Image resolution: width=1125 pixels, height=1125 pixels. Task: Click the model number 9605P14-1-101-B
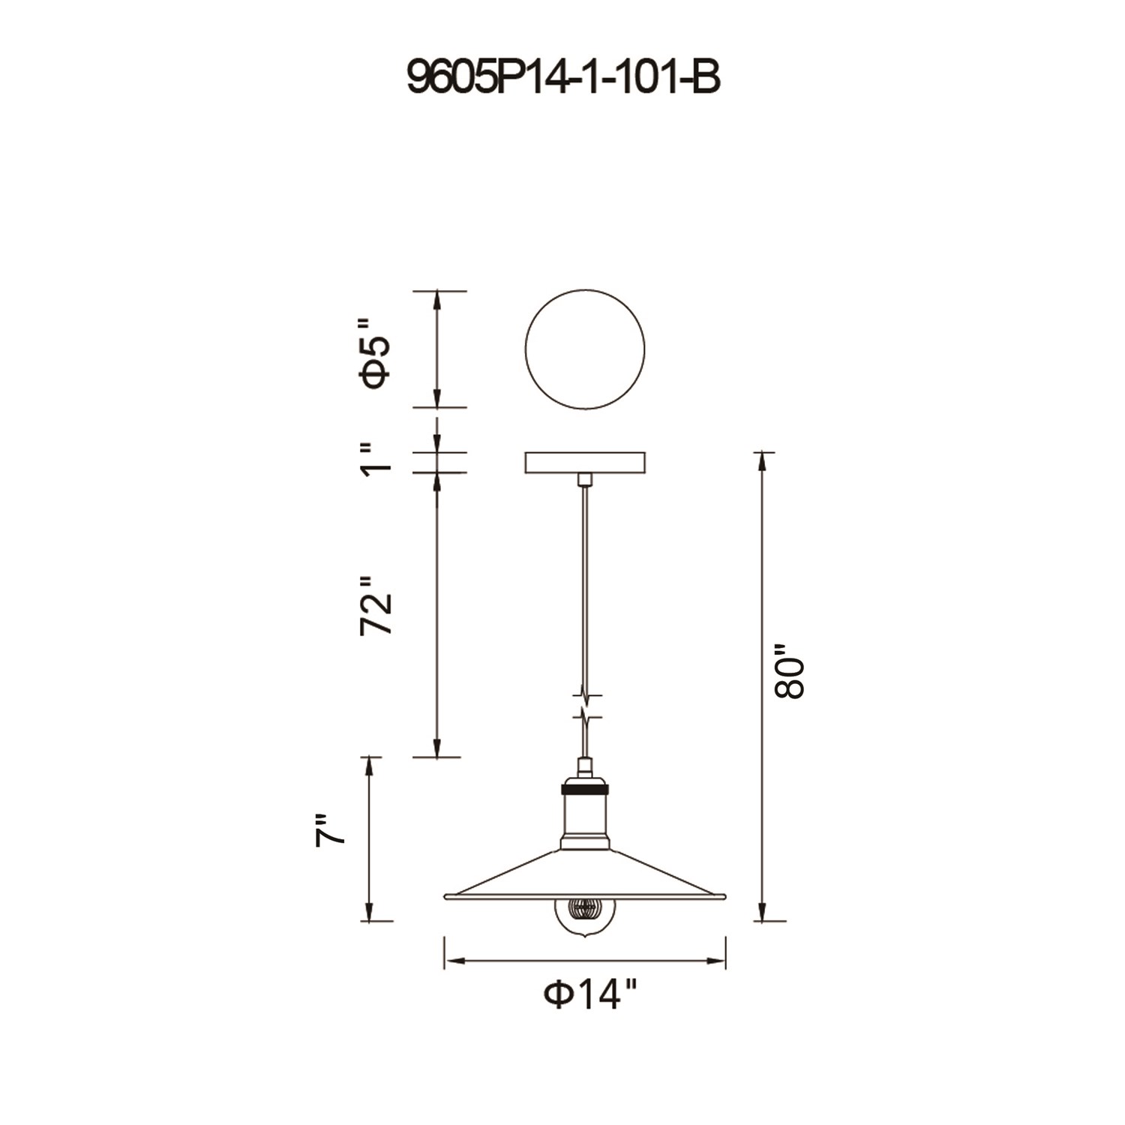click(x=563, y=77)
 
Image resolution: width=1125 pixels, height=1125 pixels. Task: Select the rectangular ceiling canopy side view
click(x=585, y=462)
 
